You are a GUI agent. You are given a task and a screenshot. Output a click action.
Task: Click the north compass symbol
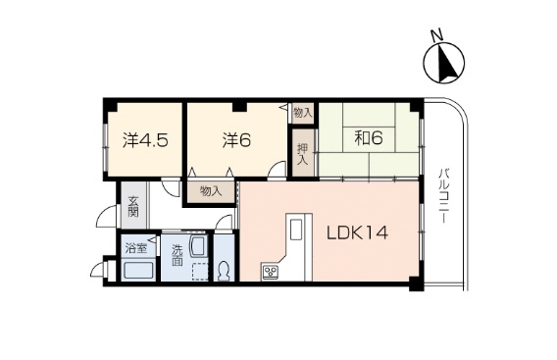coord(442,64)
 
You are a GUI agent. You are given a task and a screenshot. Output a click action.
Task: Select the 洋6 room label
coord(234,139)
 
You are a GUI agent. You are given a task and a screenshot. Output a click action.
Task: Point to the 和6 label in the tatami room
coord(368,138)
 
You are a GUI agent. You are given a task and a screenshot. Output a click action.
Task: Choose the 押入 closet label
coord(303,155)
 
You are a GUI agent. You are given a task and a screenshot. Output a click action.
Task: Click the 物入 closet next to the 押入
coord(303,113)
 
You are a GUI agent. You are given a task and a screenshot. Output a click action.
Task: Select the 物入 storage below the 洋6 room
coord(210,190)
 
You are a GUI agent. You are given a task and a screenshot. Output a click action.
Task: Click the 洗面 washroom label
coord(177,255)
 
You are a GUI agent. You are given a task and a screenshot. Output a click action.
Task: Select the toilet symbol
coord(224,271)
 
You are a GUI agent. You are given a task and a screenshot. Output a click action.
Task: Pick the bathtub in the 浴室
coord(137,271)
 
